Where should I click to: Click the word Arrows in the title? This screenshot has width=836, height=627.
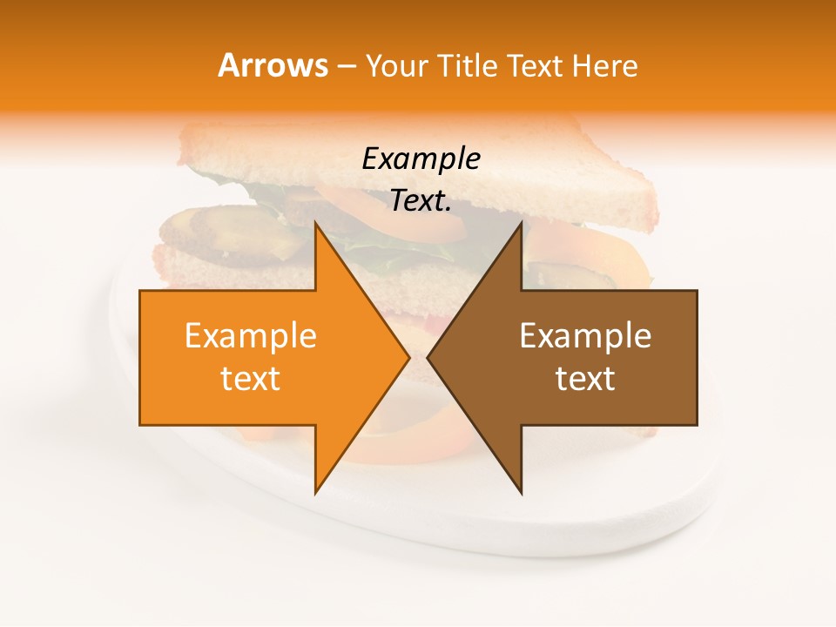tap(273, 65)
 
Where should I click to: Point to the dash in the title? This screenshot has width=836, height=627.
tap(346, 68)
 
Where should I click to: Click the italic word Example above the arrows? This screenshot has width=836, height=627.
tap(421, 159)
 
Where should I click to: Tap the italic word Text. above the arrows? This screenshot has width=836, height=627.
tap(421, 201)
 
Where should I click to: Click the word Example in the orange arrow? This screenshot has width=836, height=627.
tap(250, 336)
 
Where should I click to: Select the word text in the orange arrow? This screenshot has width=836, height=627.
tap(250, 379)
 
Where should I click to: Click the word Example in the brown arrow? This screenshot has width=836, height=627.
tap(585, 336)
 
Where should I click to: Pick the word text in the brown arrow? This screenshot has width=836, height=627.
tap(585, 379)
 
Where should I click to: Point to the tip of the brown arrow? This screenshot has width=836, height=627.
tap(428, 357)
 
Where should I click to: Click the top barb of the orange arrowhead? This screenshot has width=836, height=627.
tap(318, 228)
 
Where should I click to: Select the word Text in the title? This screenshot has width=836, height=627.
tap(534, 66)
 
